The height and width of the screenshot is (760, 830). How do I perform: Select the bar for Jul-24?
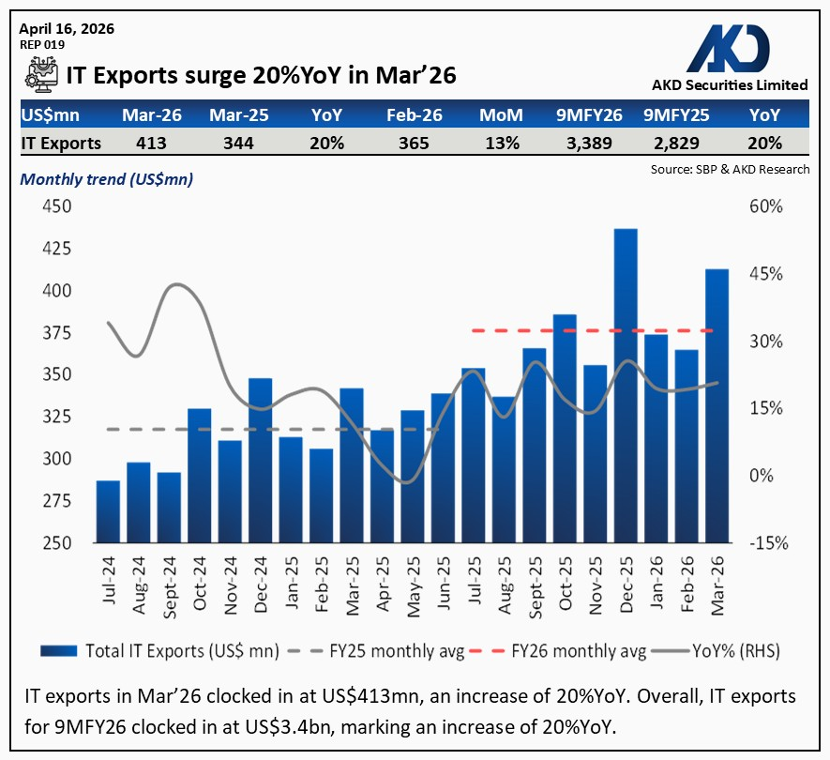[x=109, y=511]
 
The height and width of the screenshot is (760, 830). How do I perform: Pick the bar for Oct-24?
[x=200, y=476]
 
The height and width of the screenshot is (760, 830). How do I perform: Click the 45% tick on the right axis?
[x=764, y=274]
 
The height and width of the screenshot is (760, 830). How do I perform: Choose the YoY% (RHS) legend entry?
[x=723, y=651]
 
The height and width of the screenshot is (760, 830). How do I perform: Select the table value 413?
[x=150, y=143]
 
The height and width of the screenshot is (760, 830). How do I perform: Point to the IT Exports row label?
[x=61, y=143]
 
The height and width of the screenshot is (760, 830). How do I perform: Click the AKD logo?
[x=730, y=47]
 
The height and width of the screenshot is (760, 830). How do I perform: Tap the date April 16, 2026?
[x=67, y=28]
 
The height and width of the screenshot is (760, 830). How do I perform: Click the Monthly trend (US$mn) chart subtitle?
[x=107, y=179]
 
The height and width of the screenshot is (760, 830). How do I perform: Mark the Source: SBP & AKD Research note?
[x=729, y=170]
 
